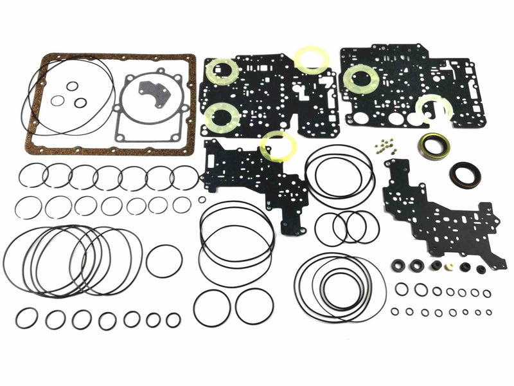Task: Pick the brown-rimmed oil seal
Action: tap(462, 175)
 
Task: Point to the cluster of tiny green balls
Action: tap(385, 146)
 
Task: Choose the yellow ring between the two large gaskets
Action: tap(312, 59)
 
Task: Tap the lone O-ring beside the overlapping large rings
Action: tap(164, 261)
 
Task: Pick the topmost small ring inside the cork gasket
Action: tap(73, 86)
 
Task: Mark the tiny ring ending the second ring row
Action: tap(202, 199)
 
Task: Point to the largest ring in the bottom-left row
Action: tap(27, 317)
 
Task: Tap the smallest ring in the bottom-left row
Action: tap(173, 319)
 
